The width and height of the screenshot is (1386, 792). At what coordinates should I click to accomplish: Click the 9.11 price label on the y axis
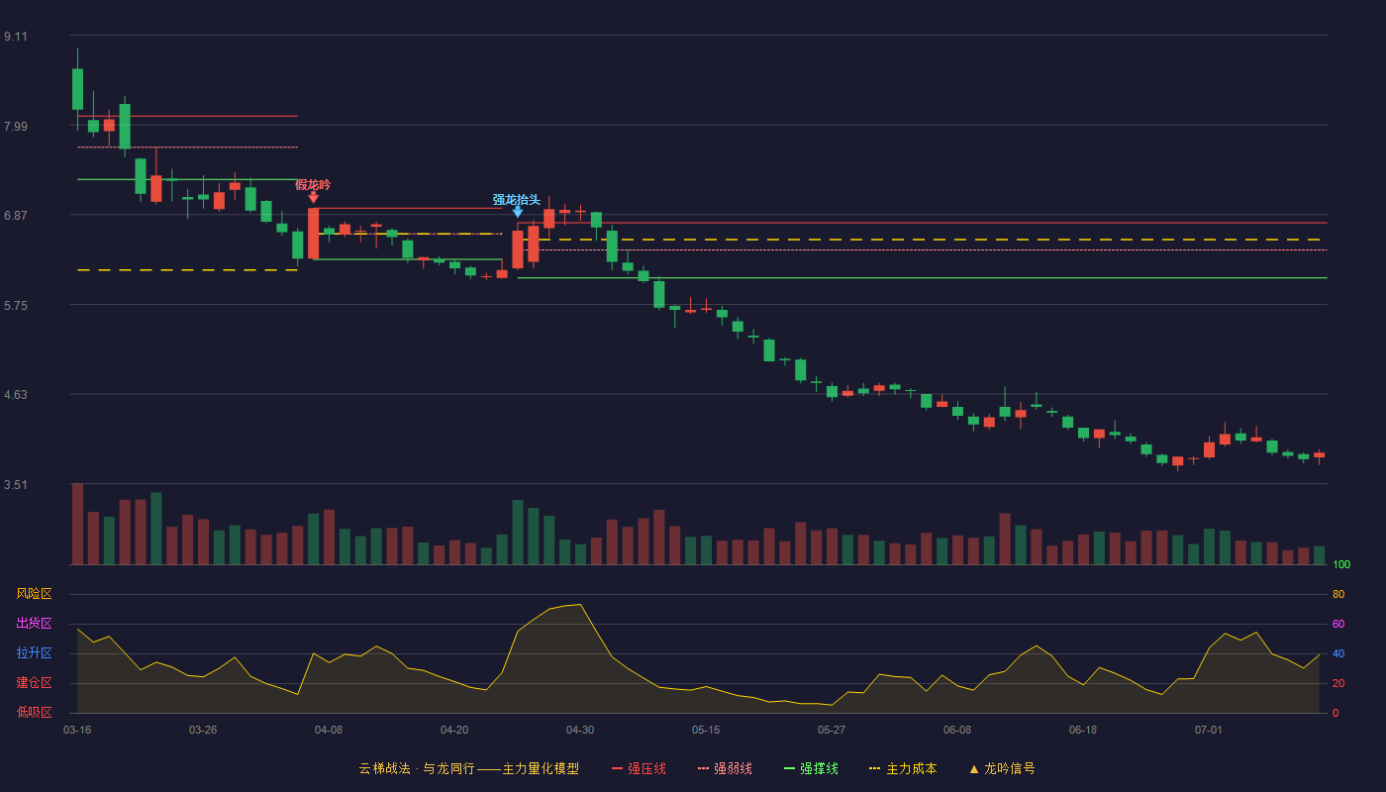[x=16, y=37]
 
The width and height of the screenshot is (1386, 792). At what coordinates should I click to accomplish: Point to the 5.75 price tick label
[x=16, y=306]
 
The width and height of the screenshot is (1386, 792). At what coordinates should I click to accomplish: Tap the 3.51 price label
[x=16, y=484]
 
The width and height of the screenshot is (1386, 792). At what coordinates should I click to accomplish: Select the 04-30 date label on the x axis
[x=580, y=731]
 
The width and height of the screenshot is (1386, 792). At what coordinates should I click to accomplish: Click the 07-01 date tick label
[x=1209, y=731]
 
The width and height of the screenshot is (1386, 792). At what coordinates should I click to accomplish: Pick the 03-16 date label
[x=77, y=731]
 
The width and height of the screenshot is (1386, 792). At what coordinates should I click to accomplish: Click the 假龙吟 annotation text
[x=313, y=185]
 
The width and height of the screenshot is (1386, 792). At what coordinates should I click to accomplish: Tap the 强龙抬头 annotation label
[x=516, y=200]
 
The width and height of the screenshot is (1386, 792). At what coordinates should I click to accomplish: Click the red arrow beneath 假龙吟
[x=313, y=198]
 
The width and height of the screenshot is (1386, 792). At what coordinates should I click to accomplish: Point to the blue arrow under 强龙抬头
[x=518, y=212]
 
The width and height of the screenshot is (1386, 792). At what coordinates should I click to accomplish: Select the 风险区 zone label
[x=34, y=594]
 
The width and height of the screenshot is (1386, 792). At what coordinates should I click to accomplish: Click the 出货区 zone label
[x=34, y=623]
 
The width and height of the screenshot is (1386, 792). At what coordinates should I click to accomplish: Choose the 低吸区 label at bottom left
[x=34, y=712]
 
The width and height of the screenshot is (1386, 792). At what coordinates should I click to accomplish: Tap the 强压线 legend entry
[x=640, y=768]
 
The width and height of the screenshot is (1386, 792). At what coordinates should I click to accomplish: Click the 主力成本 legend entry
[x=903, y=768]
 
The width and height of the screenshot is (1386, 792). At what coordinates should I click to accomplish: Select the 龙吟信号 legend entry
[x=1002, y=768]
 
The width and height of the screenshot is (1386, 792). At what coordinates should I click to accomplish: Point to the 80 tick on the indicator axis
[x=1338, y=594]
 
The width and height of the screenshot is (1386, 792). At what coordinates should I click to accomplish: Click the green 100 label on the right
[x=1341, y=564]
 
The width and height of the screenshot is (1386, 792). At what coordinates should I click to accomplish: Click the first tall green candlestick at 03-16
[x=77, y=89]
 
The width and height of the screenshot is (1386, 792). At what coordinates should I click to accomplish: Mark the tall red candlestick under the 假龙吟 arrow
[x=313, y=234]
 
